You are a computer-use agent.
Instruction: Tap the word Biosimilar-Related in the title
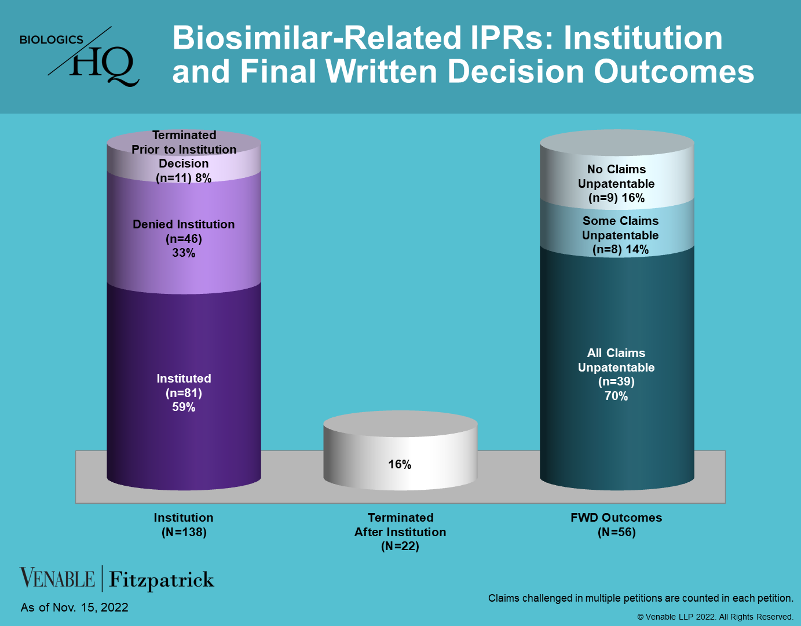[x=317, y=38]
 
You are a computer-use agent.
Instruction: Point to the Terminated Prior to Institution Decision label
[x=184, y=156]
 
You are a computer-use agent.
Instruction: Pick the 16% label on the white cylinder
[x=400, y=464]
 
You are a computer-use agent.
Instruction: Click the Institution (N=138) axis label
[x=184, y=525]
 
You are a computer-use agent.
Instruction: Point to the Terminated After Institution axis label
[x=400, y=532]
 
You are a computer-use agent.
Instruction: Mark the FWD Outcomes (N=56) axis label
[x=616, y=525]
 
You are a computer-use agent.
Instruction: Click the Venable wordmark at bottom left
[x=57, y=578]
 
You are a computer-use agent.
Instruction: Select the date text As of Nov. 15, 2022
[x=75, y=607]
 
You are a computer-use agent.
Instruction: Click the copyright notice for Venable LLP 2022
[x=715, y=617]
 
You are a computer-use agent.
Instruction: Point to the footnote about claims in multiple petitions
[x=641, y=598]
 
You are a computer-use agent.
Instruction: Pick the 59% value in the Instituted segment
[x=184, y=407]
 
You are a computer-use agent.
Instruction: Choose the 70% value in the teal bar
[x=616, y=396]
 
